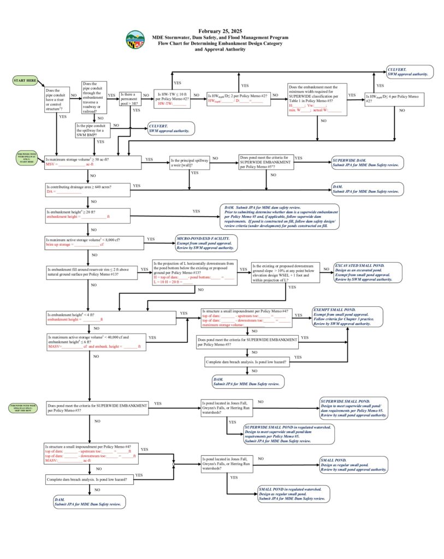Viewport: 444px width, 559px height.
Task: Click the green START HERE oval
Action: (x=25, y=81)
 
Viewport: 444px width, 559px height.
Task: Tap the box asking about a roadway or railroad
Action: (x=93, y=99)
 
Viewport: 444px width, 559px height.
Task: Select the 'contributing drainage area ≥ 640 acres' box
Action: (x=87, y=189)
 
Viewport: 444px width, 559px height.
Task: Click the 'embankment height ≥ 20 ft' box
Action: (x=87, y=214)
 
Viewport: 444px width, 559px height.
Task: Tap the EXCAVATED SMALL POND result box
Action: (x=367, y=272)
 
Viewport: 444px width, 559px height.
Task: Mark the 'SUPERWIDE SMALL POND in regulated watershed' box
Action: (x=289, y=433)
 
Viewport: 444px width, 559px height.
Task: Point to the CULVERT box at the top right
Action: (x=410, y=72)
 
